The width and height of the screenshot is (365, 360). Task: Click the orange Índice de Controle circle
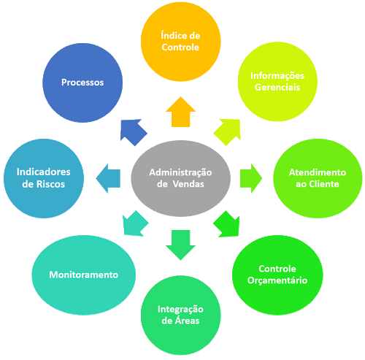tap(180, 42)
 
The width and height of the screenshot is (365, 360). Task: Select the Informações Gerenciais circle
tap(277, 81)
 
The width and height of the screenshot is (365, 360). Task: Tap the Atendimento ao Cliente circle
tap(317, 177)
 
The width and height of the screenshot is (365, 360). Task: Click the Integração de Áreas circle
tap(180, 315)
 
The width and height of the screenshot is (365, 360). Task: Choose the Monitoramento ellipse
tap(83, 274)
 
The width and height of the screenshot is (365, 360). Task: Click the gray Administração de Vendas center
tap(180, 177)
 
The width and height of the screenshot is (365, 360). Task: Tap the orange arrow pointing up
tap(180, 114)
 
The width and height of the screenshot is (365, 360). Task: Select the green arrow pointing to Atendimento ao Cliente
tap(250, 177)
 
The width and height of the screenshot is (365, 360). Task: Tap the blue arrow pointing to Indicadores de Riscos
tap(110, 177)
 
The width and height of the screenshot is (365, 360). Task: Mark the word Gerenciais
tap(277, 88)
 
